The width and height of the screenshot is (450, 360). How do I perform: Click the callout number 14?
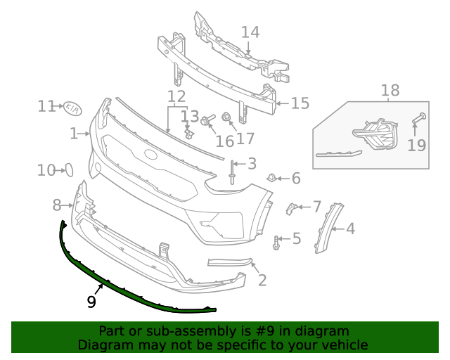pyautogui.click(x=250, y=32)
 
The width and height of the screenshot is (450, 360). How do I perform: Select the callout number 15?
pyautogui.click(x=300, y=103)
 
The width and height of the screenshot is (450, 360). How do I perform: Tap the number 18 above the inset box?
pyautogui.click(x=390, y=91)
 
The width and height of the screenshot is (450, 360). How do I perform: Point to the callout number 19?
pyautogui.click(x=417, y=145)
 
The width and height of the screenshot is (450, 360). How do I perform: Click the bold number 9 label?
pyautogui.click(x=91, y=302)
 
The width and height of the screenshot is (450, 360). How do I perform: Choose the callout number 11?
pyautogui.click(x=46, y=106)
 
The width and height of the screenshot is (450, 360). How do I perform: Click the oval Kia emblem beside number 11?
pyautogui.click(x=72, y=109)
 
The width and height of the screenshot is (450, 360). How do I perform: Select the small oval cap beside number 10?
pyautogui.click(x=70, y=169)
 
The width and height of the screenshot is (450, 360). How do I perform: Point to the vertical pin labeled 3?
pyautogui.click(x=231, y=172)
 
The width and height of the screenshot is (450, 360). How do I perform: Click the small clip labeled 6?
pyautogui.click(x=270, y=176)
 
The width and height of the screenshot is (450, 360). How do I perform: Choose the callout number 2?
pyautogui.click(x=262, y=281)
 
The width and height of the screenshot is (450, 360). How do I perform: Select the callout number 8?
pyautogui.click(x=57, y=205)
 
